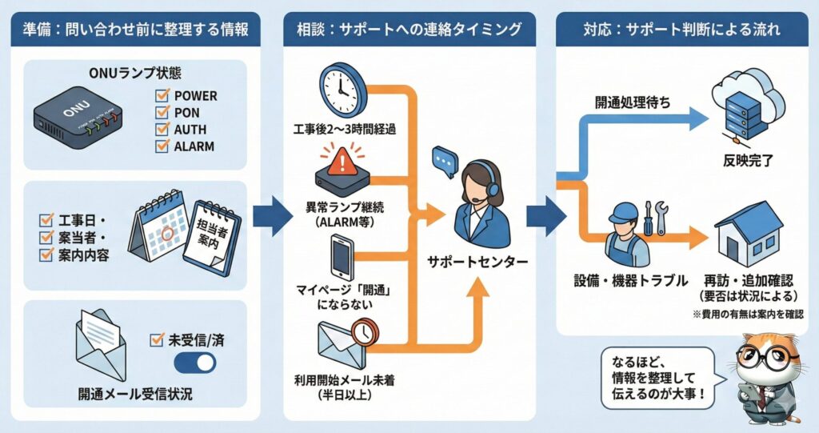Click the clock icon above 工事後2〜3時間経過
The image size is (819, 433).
342,90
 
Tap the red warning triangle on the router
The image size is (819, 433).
342,162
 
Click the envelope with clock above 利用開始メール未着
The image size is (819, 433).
342,342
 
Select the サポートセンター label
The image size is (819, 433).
477,262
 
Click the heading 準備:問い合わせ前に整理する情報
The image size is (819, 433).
130,31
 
